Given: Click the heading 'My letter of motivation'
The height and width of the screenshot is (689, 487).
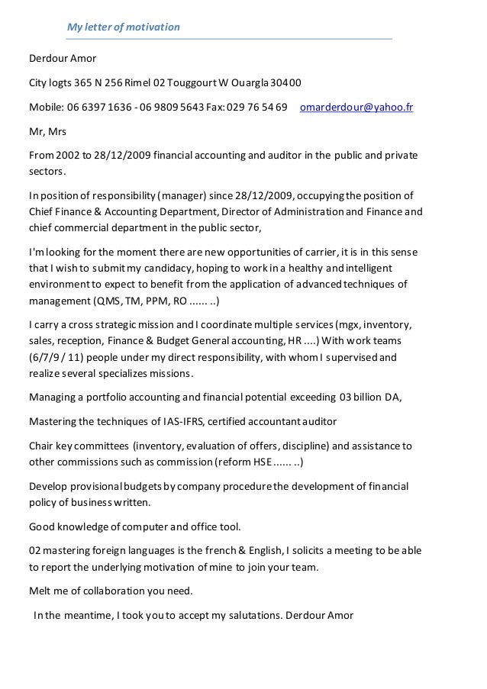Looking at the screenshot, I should (x=123, y=27).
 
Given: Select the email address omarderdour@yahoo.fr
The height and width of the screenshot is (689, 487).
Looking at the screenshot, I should (x=356, y=108).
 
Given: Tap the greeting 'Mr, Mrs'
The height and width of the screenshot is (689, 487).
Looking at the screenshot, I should (x=47, y=132).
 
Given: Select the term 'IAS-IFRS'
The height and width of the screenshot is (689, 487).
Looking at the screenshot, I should (x=182, y=421).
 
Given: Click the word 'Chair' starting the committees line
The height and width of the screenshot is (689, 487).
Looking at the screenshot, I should (x=41, y=446).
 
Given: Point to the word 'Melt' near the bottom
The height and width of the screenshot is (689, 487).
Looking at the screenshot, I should (x=40, y=591).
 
